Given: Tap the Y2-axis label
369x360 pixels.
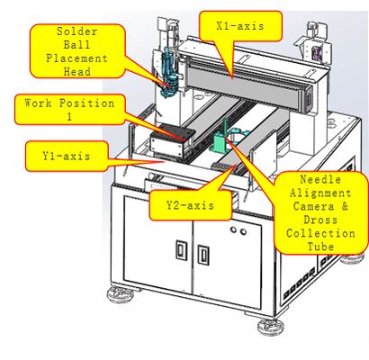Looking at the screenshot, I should click(190, 205).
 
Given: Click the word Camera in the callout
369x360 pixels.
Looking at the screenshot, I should click(316, 195).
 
